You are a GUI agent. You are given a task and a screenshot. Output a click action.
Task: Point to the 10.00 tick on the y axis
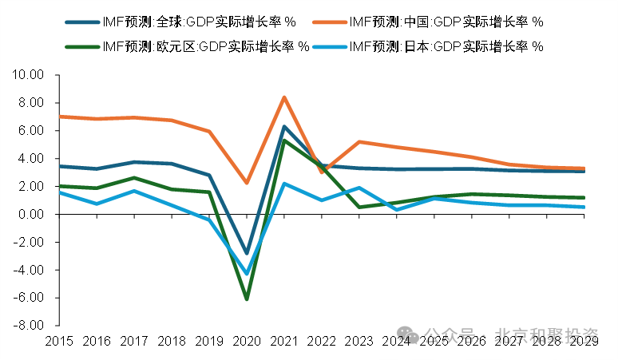point(27,75)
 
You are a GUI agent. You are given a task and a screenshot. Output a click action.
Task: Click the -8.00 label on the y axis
point(27,326)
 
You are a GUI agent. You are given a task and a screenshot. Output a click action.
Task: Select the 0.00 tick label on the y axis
point(30,214)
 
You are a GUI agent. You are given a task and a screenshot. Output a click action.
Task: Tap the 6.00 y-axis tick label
point(30,131)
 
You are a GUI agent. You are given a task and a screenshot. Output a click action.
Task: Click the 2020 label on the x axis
point(246,341)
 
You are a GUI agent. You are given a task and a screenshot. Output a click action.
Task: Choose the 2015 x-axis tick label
point(59,341)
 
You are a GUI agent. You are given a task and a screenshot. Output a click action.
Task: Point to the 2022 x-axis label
point(321,341)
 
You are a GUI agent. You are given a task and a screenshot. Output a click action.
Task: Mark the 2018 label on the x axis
point(172,341)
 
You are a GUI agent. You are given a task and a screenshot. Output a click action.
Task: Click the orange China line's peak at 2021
point(283,97)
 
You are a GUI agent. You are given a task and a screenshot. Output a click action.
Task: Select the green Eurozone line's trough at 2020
point(246,299)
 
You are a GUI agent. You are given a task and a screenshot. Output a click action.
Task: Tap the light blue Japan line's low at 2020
point(246,273)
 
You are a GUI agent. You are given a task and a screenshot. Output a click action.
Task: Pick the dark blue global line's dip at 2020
point(246,252)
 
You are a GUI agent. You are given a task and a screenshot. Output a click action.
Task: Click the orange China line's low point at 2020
point(246,183)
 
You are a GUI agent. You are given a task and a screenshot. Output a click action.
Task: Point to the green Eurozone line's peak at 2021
point(283,140)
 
